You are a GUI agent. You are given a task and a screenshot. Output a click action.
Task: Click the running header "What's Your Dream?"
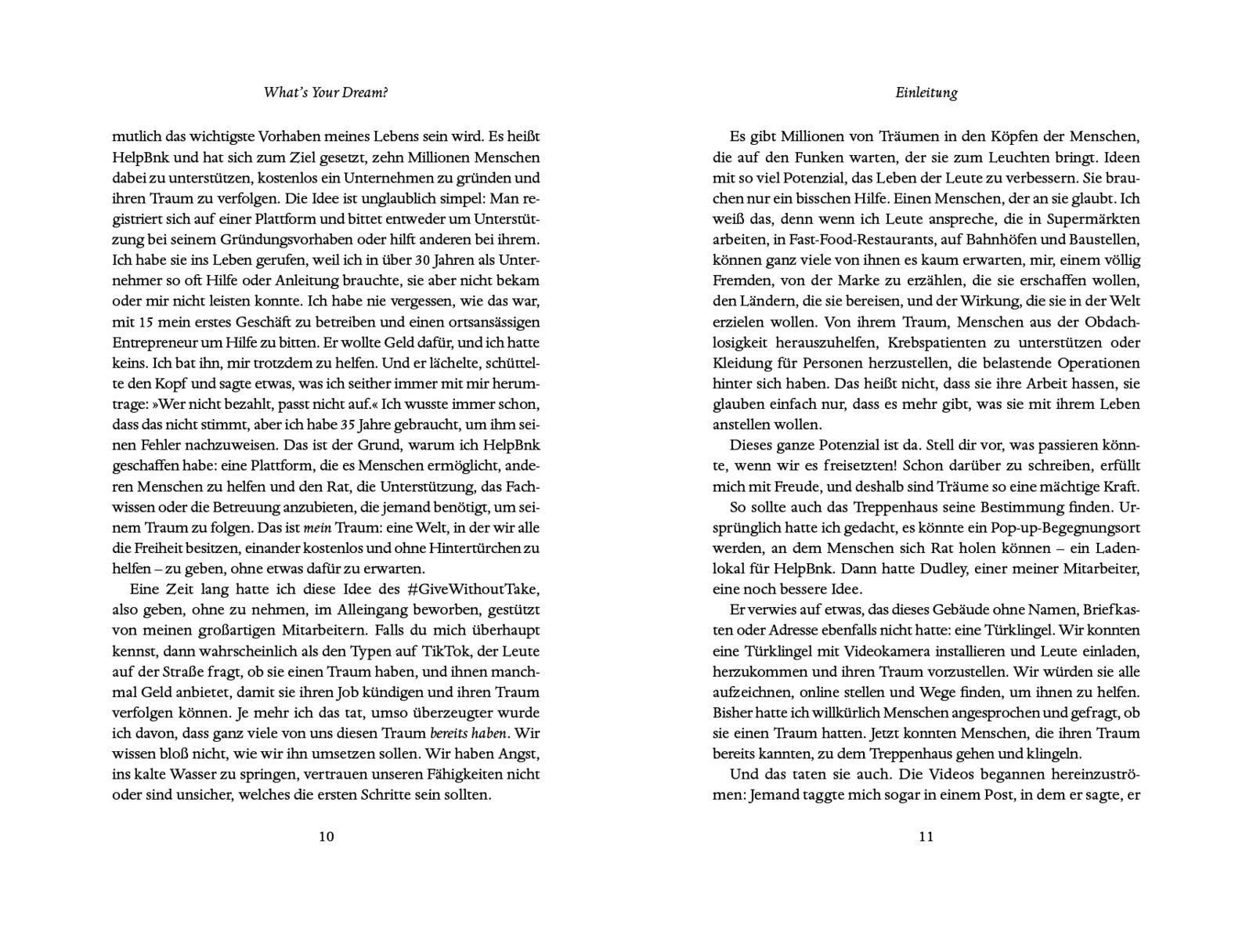coord(326,92)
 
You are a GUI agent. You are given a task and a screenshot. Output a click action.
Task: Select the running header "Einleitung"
coord(926,92)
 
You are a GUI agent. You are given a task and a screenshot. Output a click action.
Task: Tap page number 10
coord(327,836)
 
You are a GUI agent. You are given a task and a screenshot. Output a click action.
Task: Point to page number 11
coord(926,836)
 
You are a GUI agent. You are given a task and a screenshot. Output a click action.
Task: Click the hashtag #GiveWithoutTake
coord(473,589)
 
